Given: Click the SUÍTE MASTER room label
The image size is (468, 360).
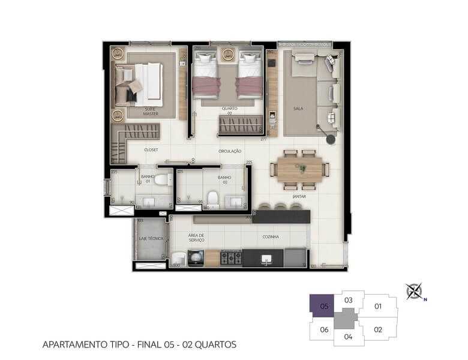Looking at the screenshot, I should tap(150, 110).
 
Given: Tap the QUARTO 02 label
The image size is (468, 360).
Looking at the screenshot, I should tap(229, 110).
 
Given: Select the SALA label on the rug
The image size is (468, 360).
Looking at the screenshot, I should tap(298, 109).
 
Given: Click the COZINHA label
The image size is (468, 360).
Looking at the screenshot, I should tap(271, 237).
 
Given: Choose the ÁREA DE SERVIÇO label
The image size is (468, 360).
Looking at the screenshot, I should tap(196, 238).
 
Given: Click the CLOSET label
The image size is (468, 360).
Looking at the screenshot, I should tap(151, 149).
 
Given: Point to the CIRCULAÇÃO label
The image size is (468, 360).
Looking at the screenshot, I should tap(230, 151).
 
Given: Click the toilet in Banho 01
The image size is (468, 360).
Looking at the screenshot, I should tap(161, 179).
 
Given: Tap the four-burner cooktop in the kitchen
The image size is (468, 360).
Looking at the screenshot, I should tap(232, 258).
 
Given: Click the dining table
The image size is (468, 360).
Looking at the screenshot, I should tap(299, 169).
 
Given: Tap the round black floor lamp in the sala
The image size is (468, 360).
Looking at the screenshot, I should tap(331, 139).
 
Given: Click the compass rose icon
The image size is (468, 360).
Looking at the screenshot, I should tap(413, 291).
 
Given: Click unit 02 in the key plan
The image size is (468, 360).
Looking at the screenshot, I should tap(378, 329).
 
